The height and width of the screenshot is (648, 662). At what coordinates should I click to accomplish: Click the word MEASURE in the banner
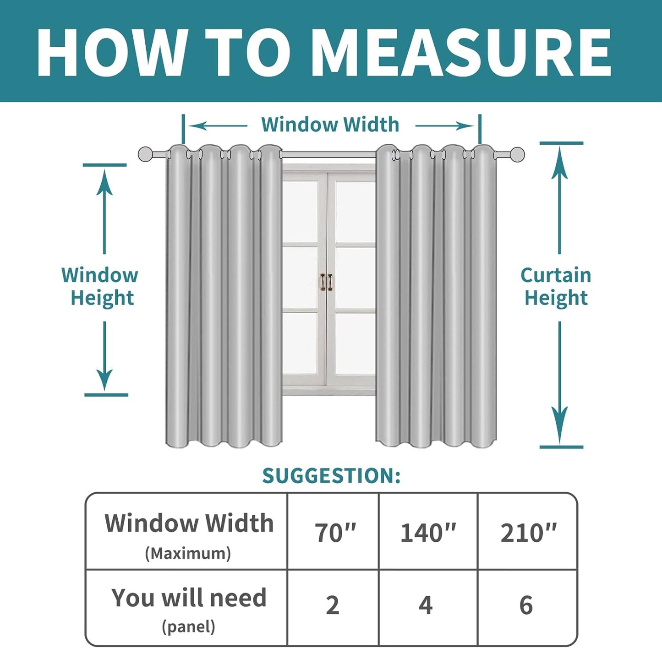click(461, 52)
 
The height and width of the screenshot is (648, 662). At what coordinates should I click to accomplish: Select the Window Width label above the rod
click(330, 124)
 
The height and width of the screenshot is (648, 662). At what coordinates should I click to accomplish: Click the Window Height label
click(100, 286)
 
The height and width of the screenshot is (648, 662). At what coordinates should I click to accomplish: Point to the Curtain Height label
click(556, 286)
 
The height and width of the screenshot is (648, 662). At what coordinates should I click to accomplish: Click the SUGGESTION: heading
click(331, 476)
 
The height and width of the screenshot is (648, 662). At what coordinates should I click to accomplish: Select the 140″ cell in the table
click(428, 534)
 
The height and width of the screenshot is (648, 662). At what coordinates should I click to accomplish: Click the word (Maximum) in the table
click(188, 554)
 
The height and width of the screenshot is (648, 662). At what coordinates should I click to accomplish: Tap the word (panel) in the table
click(189, 626)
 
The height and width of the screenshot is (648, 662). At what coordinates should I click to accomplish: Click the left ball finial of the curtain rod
click(145, 154)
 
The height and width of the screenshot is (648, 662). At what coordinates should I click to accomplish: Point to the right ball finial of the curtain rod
click(517, 154)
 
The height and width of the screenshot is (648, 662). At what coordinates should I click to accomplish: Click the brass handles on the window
click(326, 282)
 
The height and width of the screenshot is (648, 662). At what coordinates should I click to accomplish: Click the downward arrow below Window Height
click(104, 356)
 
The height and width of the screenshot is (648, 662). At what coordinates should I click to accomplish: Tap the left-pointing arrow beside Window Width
click(218, 126)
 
